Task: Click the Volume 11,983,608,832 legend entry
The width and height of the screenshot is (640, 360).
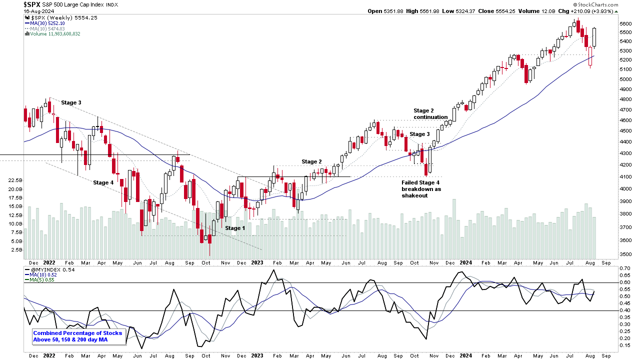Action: click(x=52, y=34)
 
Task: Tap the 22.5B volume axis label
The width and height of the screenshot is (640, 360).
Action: click(x=15, y=180)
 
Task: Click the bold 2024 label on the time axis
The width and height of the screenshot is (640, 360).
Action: click(x=466, y=262)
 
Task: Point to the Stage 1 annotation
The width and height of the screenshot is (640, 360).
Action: click(x=235, y=228)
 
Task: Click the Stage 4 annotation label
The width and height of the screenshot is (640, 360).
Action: click(x=103, y=182)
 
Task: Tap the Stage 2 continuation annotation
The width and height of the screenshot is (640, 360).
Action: click(x=430, y=114)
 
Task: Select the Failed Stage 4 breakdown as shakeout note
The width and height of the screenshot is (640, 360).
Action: click(x=421, y=189)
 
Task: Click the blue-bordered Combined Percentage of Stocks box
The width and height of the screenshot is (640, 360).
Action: click(x=77, y=336)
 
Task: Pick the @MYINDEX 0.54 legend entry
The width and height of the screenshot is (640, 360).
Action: click(x=49, y=270)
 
